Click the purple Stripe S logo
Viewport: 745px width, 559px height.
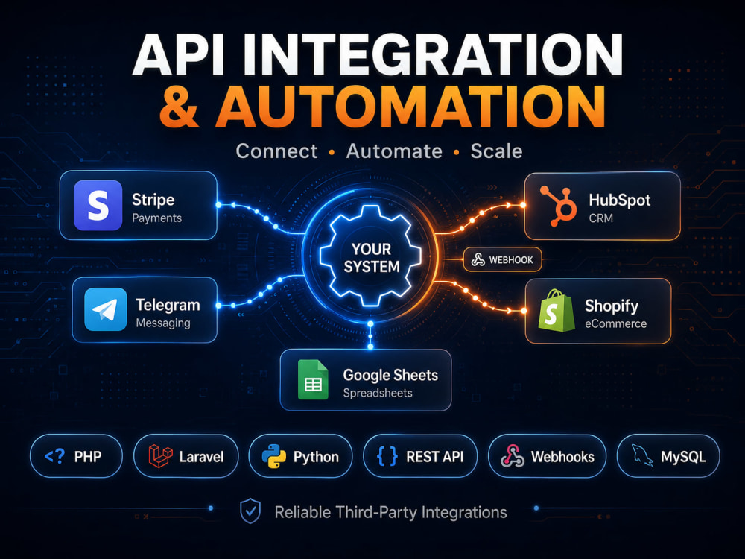[98, 206]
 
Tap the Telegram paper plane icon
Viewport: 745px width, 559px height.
[106, 309]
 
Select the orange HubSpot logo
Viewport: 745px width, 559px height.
[558, 206]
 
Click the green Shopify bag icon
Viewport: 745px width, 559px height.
[557, 310]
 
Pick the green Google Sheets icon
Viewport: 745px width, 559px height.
[313, 379]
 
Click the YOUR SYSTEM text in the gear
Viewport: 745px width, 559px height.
[372, 258]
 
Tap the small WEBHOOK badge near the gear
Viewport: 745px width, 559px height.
[503, 259]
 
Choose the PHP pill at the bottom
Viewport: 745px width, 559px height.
[76, 456]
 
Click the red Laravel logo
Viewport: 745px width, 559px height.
[160, 456]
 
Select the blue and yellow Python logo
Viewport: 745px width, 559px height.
[274, 456]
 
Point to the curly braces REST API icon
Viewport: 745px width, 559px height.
[387, 456]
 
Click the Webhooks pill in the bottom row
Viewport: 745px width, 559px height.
[548, 456]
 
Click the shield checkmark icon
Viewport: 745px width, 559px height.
[250, 511]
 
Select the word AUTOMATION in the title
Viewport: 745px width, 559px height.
[411, 107]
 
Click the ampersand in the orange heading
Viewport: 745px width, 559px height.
[179, 107]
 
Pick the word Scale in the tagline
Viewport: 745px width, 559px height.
[496, 151]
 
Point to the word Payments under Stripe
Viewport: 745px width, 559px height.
[156, 218]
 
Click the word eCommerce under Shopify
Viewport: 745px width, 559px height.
[616, 323]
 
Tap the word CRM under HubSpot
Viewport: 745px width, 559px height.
[601, 218]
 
